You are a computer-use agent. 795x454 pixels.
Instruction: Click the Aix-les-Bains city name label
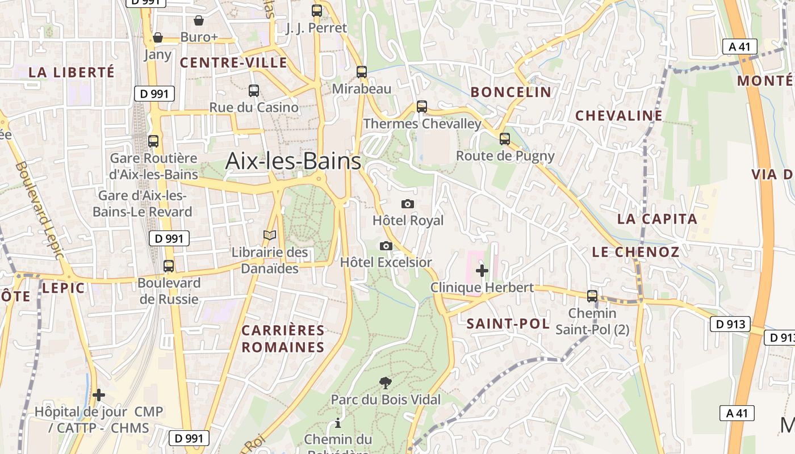[x=293, y=161]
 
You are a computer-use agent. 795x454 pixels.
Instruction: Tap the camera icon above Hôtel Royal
[x=407, y=204]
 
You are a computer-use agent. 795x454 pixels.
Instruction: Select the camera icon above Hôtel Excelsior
[x=386, y=246]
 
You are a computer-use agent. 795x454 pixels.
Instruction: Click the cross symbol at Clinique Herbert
[x=482, y=271]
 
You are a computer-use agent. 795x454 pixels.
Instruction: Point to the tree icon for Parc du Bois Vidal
[x=386, y=383]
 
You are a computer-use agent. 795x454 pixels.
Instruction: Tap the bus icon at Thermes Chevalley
[x=421, y=107]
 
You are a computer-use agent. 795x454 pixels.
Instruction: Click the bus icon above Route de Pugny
[x=505, y=138]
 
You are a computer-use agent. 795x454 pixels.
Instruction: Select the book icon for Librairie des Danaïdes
[x=270, y=235]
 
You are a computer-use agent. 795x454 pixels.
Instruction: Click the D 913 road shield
[x=730, y=325]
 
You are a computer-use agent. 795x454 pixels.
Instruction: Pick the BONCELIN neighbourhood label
[x=511, y=92]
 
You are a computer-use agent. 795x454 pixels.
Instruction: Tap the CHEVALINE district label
[x=618, y=116]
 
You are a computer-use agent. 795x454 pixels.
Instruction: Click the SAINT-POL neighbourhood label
[x=508, y=324]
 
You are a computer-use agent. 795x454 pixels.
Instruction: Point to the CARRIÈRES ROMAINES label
[x=283, y=339]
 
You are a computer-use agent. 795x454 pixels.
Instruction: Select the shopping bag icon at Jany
[x=158, y=38]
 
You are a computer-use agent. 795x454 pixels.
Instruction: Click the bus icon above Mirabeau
[x=362, y=72]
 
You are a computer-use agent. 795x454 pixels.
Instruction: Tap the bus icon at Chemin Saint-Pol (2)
[x=592, y=296]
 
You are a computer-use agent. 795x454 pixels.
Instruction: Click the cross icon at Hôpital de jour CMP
[x=99, y=394]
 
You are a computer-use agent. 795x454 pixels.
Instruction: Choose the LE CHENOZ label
[x=635, y=252]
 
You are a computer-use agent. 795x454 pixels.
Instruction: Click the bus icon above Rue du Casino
[x=254, y=91]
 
